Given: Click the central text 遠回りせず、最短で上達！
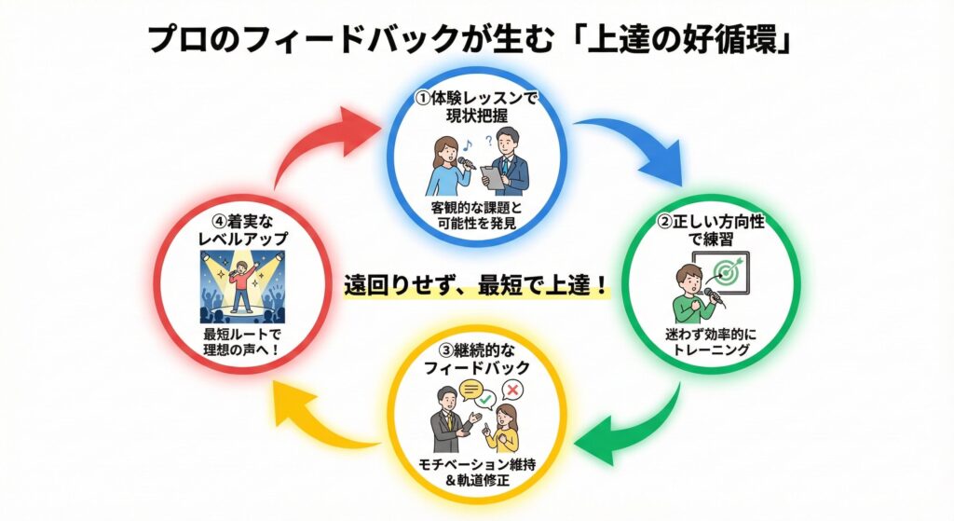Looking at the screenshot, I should (477, 285).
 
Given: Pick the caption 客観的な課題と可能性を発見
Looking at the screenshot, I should (476, 213).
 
